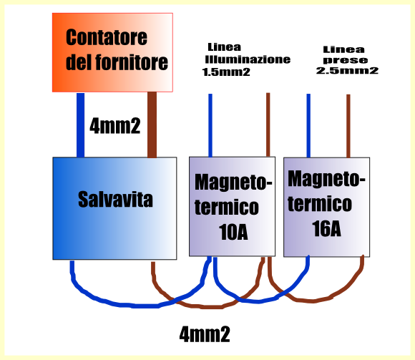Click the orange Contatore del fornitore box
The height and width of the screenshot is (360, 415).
tap(112, 52)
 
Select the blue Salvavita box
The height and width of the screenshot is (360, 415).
tap(114, 208)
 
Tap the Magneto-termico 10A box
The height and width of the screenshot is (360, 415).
tap(232, 206)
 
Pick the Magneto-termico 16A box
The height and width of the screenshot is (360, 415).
tap(326, 207)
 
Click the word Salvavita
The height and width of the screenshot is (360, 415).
tap(115, 199)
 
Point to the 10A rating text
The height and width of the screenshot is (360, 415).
tap(233, 232)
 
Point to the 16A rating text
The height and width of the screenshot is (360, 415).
tap(326, 228)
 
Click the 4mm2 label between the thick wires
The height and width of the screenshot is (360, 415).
tap(115, 125)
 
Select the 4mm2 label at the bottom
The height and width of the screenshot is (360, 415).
tap(205, 334)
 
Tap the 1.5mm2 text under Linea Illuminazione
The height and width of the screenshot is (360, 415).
tap(226, 72)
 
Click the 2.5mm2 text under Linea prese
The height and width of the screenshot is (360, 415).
tap(347, 71)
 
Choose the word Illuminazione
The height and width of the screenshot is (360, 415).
tap(248, 59)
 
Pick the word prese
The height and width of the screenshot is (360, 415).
tap(346, 60)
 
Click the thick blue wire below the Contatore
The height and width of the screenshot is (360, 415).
tap(80, 125)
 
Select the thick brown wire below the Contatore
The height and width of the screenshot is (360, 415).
tap(152, 125)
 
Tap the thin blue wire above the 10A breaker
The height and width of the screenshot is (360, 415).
tap(210, 125)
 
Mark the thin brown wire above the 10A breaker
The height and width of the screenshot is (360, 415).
tap(268, 125)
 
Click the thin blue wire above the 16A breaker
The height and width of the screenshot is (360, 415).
tap(308, 125)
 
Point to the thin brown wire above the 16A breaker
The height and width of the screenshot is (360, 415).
tap(348, 126)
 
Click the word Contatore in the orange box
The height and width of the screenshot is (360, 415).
tap(107, 37)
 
